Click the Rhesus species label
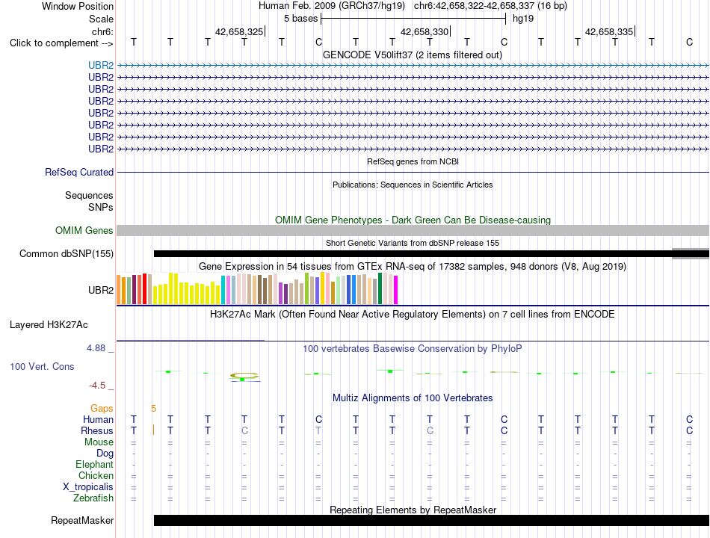pyautogui.click(x=97, y=430)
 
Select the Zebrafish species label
pyautogui.click(x=93, y=498)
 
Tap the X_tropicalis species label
pyautogui.click(x=88, y=487)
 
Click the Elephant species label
pyautogui.click(x=95, y=464)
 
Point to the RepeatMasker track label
pyautogui.click(x=82, y=520)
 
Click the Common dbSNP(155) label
pyautogui.click(x=67, y=253)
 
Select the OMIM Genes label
pyautogui.click(x=84, y=230)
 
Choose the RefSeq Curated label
pyautogui.click(x=79, y=172)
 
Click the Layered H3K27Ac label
pyautogui.click(x=49, y=325)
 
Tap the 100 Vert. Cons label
pyautogui.click(x=42, y=366)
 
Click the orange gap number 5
pyautogui.click(x=153, y=409)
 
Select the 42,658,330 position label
pyautogui.click(x=425, y=31)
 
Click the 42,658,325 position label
pyautogui.click(x=239, y=31)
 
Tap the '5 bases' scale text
pyautogui.click(x=300, y=19)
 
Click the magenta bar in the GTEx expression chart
pyautogui.click(x=396, y=290)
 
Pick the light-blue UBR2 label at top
pyautogui.click(x=101, y=65)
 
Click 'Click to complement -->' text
pyautogui.click(x=61, y=43)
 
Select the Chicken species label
pyautogui.click(x=96, y=475)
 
